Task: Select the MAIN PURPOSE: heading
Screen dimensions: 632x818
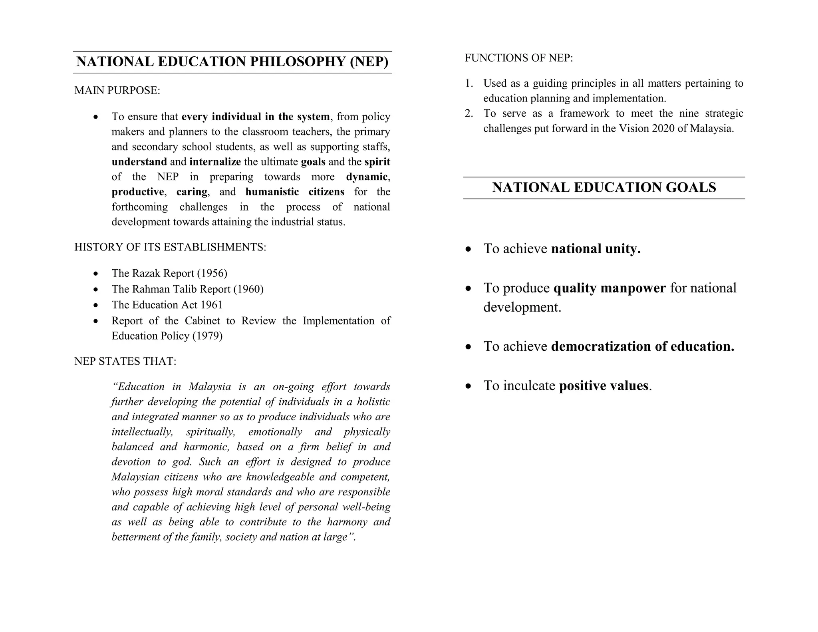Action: pos(117,91)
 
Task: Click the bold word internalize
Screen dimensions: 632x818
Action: pos(215,162)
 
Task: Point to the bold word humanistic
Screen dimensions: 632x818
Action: pos(272,192)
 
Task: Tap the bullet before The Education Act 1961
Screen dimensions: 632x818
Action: pos(95,305)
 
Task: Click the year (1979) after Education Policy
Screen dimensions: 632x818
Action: pos(207,336)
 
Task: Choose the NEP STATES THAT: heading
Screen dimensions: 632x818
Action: pos(125,362)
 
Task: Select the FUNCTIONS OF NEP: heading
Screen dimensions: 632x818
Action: pos(518,58)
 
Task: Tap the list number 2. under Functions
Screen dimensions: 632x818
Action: pos(469,113)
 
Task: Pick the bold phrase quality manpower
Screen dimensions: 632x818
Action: pos(610,288)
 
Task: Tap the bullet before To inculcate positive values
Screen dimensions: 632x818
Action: pos(469,386)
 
